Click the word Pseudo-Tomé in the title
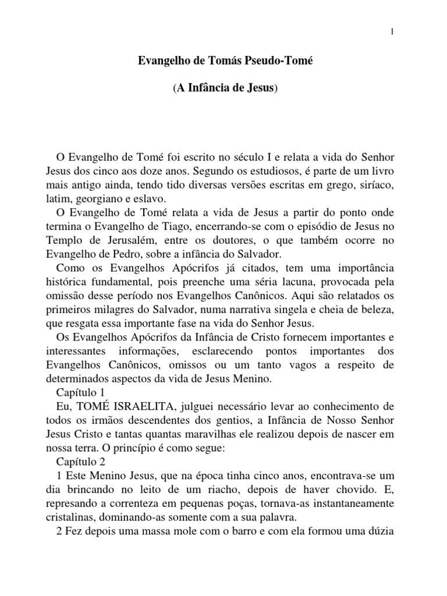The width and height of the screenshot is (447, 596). pyautogui.click(x=282, y=61)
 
